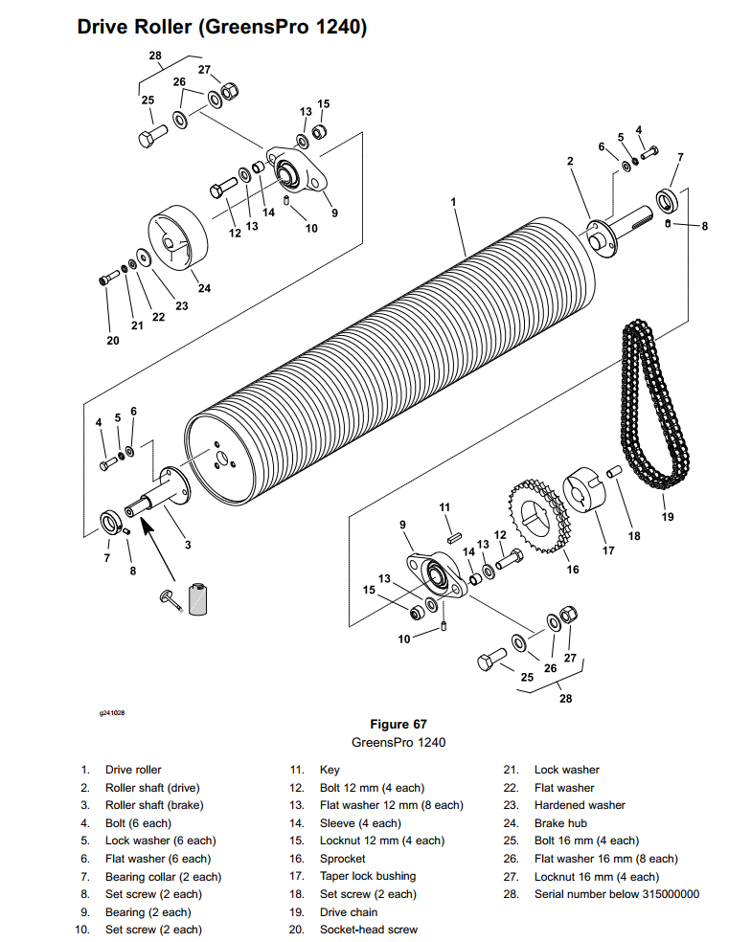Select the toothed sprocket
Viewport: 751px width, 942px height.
click(538, 516)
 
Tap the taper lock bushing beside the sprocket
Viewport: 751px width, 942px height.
click(583, 489)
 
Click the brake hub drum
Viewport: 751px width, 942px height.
click(178, 238)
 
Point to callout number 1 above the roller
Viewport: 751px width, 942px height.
click(453, 202)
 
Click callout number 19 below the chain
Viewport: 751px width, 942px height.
click(668, 517)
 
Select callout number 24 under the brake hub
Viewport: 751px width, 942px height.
click(204, 288)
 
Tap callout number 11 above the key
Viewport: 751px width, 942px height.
click(444, 507)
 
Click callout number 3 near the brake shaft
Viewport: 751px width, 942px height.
click(188, 545)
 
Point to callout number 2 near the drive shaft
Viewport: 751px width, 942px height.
click(570, 161)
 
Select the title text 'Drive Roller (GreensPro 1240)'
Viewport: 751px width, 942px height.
click(222, 27)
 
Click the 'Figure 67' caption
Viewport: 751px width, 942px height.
click(398, 724)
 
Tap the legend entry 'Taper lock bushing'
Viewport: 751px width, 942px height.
click(368, 876)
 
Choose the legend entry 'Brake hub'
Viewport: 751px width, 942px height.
click(560, 823)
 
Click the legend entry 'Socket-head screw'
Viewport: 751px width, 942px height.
click(369, 930)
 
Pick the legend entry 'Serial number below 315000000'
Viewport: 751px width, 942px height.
click(617, 894)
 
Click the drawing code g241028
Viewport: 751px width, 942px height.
click(112, 713)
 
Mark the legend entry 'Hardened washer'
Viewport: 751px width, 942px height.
click(580, 805)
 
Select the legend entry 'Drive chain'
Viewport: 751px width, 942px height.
click(349, 912)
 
